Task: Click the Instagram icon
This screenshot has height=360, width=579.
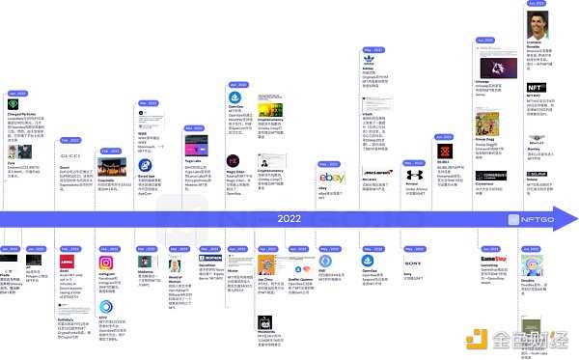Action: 107,262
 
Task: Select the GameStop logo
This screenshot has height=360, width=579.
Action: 492,263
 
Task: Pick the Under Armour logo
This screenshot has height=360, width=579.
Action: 414,177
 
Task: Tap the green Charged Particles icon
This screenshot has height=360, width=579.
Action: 13,104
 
